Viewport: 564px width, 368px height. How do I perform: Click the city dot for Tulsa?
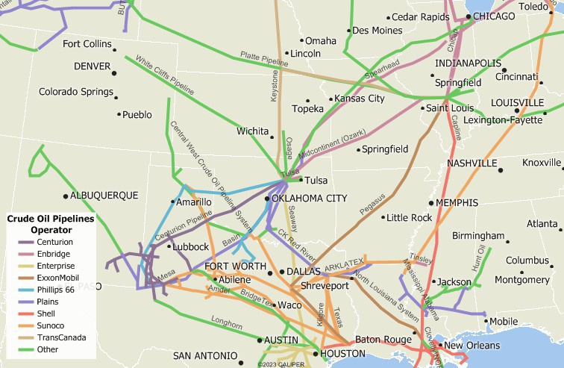tap(300, 180)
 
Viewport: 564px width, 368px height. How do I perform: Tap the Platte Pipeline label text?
tap(263, 57)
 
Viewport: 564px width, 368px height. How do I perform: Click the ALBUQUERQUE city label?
tap(104, 196)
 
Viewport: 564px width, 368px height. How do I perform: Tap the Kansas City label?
tap(360, 99)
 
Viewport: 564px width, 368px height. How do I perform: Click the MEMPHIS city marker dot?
tap(431, 203)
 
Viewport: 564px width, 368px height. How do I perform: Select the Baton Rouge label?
tap(383, 340)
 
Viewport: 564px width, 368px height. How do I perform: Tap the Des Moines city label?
tap(377, 31)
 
